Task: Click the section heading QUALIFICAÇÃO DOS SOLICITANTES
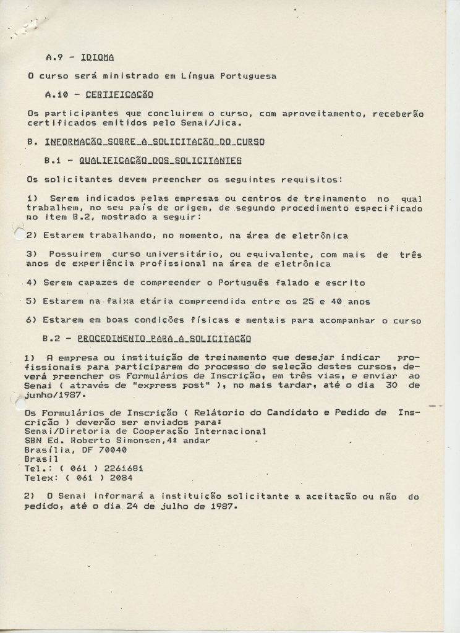[x=160, y=161]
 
